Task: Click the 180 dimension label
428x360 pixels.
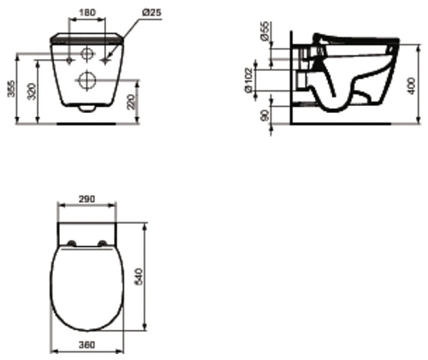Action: tap(87, 13)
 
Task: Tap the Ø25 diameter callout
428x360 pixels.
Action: tap(152, 12)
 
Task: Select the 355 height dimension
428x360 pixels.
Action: tap(11, 89)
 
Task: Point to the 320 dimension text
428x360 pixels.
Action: tap(32, 91)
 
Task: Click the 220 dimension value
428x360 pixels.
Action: tap(130, 103)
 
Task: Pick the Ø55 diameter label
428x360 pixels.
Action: tap(265, 31)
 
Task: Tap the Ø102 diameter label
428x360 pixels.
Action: tap(248, 80)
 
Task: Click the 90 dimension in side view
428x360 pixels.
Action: tap(265, 115)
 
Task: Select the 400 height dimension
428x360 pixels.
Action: tap(411, 86)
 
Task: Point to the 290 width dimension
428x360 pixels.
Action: tap(86, 199)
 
